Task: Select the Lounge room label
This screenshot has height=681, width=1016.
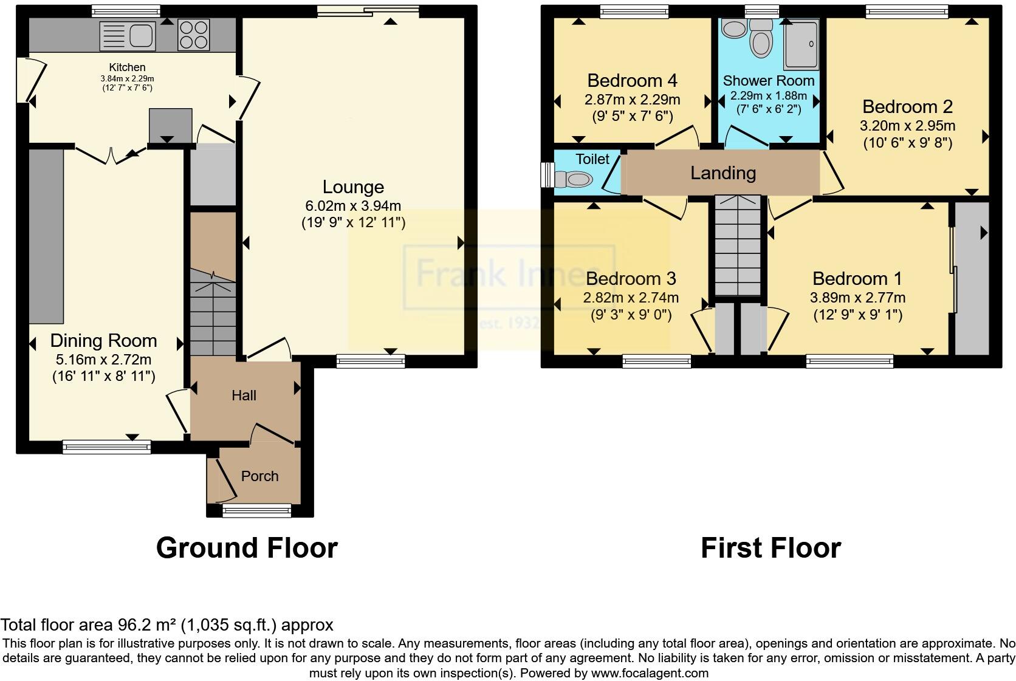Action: (353, 187)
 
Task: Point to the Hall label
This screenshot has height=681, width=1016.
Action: (244, 395)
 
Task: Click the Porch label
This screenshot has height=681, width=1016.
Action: (259, 476)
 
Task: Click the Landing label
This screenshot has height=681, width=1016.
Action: (723, 173)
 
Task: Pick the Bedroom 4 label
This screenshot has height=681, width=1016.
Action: (632, 80)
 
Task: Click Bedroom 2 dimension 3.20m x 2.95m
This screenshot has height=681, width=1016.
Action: (907, 126)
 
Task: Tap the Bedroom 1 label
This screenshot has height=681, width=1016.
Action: (857, 279)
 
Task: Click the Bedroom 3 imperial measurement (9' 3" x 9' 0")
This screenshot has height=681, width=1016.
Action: (631, 315)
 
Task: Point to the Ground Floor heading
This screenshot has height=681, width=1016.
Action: (247, 548)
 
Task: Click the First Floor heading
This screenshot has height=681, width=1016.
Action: (771, 548)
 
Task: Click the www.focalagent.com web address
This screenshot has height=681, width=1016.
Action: (650, 673)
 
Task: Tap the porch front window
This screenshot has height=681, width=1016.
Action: (257, 512)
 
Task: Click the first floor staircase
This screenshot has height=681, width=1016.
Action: (737, 245)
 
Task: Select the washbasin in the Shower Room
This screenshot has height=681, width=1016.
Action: (733, 27)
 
